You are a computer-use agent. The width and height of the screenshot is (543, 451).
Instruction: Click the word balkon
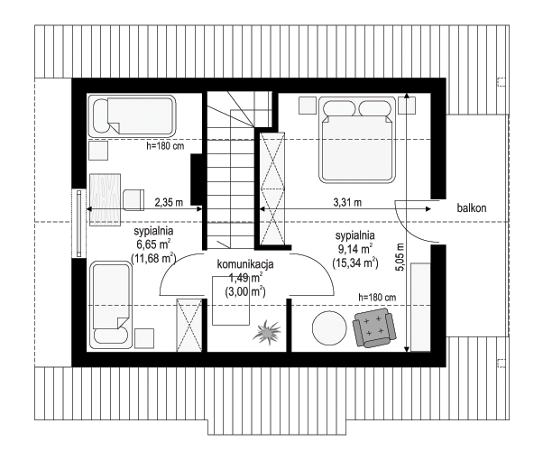472,207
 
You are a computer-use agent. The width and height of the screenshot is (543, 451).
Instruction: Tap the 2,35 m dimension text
169,202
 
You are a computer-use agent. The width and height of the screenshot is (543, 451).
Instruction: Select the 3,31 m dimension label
347,202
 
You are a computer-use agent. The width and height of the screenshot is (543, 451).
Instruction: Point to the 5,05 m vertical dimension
400,257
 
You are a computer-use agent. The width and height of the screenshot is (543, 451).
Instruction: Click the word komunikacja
245,264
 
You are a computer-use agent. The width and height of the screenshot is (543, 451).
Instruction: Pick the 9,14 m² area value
355,248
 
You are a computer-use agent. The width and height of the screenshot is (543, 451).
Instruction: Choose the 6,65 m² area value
153,244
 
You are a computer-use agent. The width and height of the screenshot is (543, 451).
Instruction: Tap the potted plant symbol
267,332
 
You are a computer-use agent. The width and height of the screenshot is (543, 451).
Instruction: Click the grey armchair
374,327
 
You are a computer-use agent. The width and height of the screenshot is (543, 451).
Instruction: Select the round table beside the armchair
329,328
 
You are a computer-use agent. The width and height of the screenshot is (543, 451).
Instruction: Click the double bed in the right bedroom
357,140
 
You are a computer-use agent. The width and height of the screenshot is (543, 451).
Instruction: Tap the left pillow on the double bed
339,108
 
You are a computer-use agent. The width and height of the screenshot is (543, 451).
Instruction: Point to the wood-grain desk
106,199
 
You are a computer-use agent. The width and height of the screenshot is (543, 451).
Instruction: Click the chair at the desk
133,200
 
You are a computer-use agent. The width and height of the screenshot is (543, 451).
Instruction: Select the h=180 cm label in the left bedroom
165,146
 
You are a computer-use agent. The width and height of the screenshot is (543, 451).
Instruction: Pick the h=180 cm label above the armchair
377,297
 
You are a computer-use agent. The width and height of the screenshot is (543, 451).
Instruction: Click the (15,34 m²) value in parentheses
355,262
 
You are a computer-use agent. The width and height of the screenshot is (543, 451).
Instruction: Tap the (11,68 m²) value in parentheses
153,258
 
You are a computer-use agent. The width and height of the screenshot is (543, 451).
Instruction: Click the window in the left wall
79,223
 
